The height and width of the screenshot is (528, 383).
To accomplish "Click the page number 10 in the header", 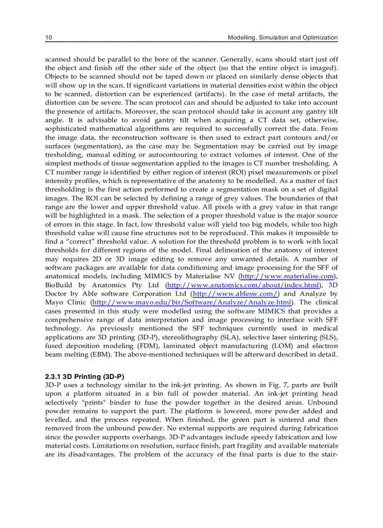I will click(x=48, y=37).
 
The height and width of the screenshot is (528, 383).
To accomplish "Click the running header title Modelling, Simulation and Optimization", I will click(x=283, y=37).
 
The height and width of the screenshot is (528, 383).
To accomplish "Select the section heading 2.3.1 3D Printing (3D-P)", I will click(x=84, y=377).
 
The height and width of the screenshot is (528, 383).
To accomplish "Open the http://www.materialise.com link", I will click(x=287, y=276).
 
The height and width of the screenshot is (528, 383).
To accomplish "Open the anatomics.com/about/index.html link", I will click(x=244, y=285).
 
